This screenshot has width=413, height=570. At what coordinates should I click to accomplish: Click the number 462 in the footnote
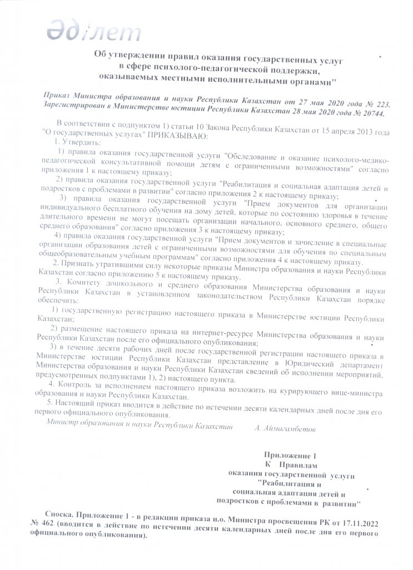coord(53,525)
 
